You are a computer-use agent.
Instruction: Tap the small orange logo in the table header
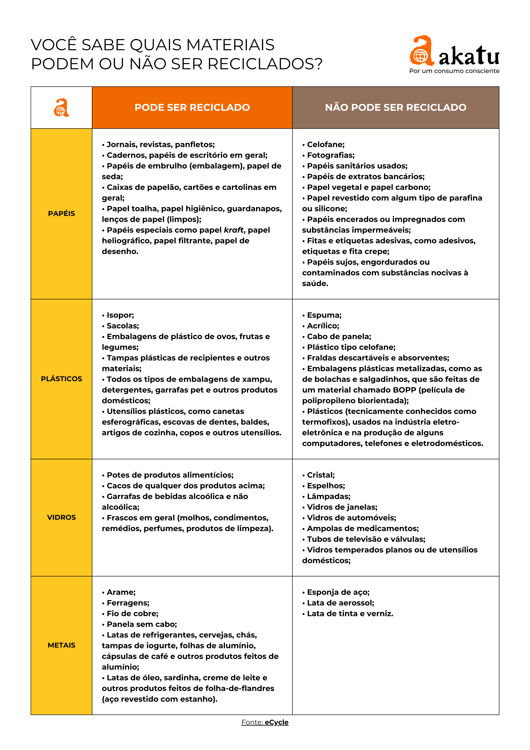pos(61,108)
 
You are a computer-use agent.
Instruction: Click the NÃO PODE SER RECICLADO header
pos(395,108)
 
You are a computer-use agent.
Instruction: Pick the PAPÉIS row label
pos(61,214)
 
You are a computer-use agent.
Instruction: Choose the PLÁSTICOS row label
pos(61,379)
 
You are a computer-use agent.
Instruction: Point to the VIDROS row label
pos(61,517)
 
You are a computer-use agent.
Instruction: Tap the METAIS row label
pos(61,645)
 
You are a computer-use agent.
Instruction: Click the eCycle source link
pos(276,722)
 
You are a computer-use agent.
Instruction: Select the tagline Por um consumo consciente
pos(454,71)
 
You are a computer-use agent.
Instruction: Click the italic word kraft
pos(234,230)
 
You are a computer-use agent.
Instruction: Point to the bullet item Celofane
pos(325,144)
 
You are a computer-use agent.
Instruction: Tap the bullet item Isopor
pos(120,315)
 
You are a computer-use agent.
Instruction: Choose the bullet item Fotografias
pos(330,155)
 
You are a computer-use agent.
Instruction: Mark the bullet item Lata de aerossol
pos(340,603)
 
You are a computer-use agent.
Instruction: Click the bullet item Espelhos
pos(325,486)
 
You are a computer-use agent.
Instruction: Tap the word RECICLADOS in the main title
pos(265,64)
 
